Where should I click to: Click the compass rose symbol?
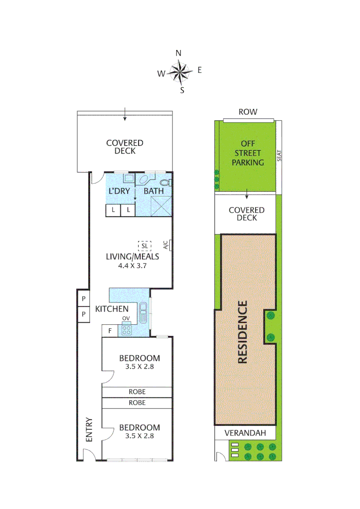pos(180,72)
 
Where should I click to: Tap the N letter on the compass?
pos(179,53)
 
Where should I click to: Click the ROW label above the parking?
pos(248,112)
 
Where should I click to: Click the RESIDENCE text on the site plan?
pos(243,332)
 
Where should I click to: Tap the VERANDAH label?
pos(245,433)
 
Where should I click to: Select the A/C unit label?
pos(165,245)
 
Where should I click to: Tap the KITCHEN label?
pos(112,309)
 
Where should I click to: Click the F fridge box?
pos(110,331)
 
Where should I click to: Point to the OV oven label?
pos(126,319)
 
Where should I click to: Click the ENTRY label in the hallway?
pos(89,430)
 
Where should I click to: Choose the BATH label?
pos(154,191)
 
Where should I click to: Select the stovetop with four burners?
pos(126,329)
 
